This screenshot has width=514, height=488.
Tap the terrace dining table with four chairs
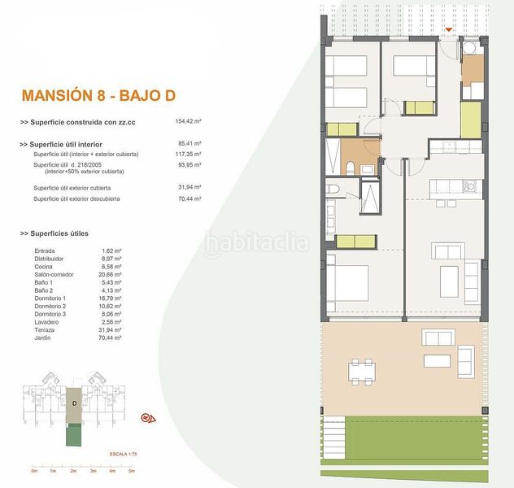click(364, 372)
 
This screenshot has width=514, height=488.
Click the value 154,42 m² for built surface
click(189, 121)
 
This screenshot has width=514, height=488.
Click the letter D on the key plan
click(74, 403)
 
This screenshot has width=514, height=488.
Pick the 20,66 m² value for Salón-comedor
click(108, 273)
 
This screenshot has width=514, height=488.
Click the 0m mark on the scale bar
click(34, 471)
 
